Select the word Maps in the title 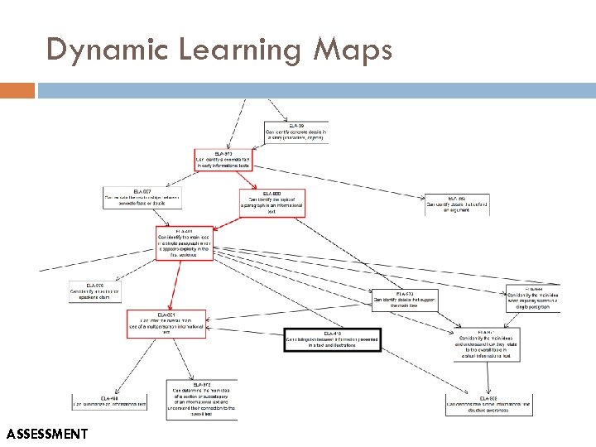tap(352, 51)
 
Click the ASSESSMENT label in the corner tap(46, 434)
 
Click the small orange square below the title tap(17, 89)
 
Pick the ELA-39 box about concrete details tap(296, 132)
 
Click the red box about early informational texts tap(222, 159)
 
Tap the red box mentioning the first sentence tap(184, 243)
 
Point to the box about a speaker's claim tap(94, 291)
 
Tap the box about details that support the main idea tap(404, 300)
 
